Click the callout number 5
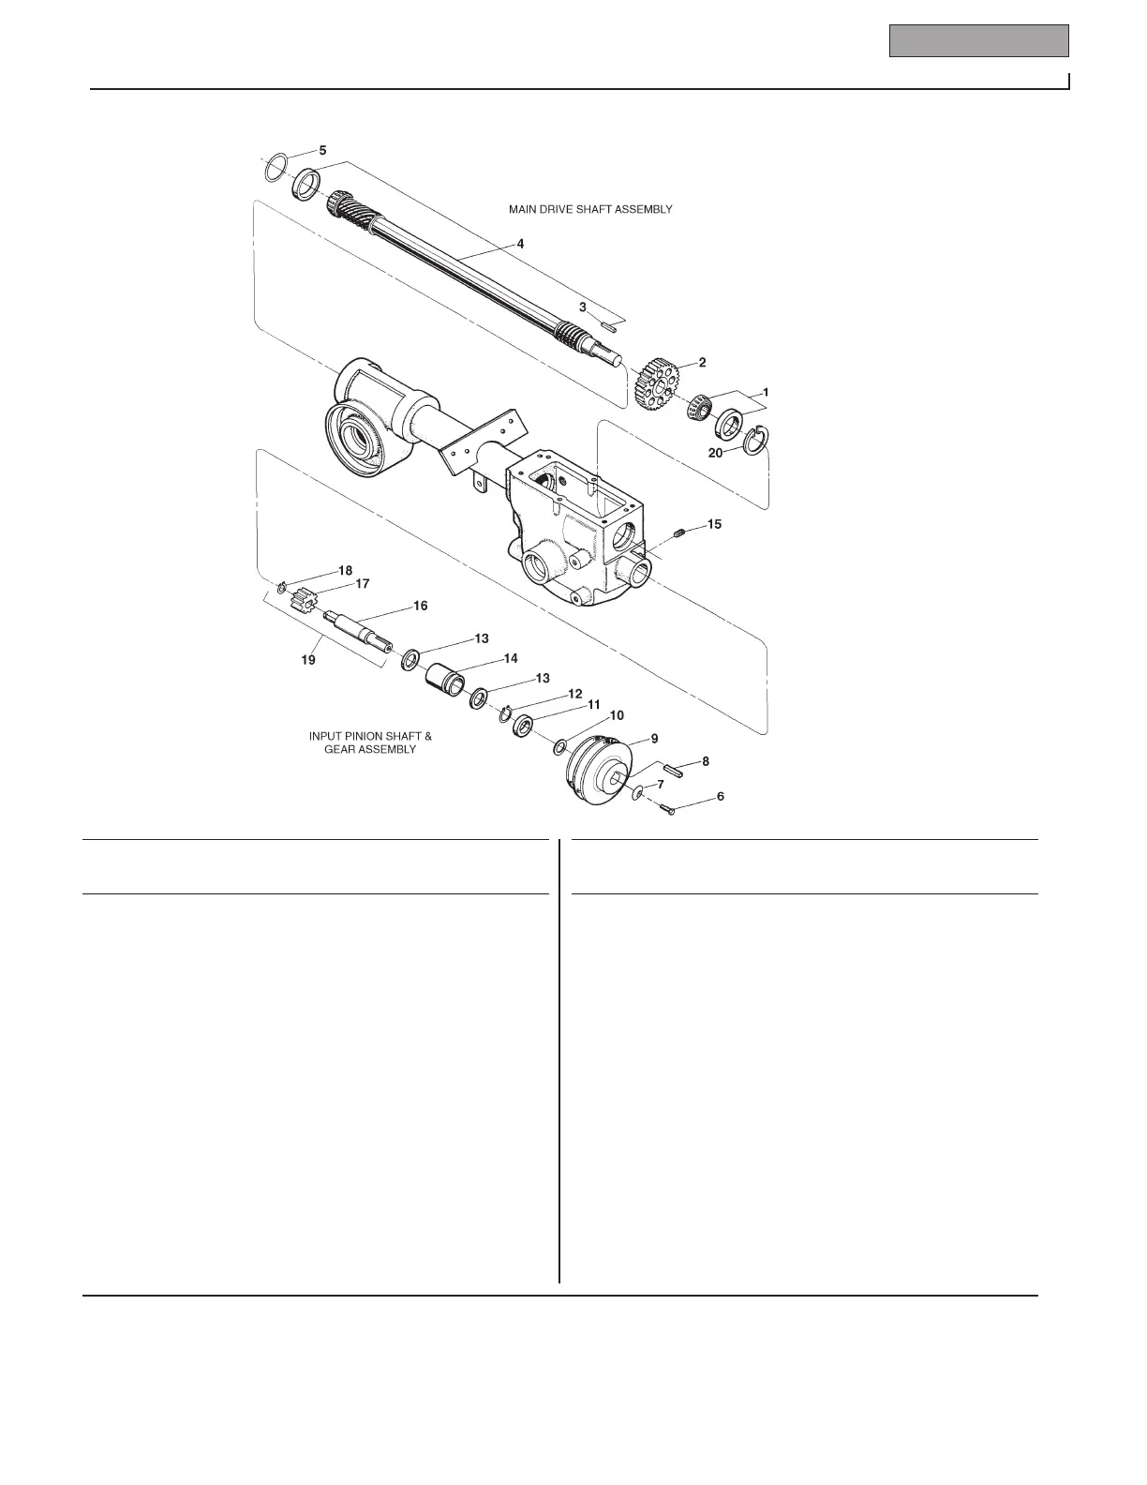(322, 150)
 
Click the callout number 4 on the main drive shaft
(520, 243)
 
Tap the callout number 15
(714, 524)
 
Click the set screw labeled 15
(680, 533)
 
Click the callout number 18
(346, 570)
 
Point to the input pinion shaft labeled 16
(361, 626)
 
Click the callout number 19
(307, 659)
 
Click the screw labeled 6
(666, 808)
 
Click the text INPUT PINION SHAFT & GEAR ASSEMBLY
(370, 742)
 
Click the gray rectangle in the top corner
(978, 41)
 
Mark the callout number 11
(593, 703)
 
